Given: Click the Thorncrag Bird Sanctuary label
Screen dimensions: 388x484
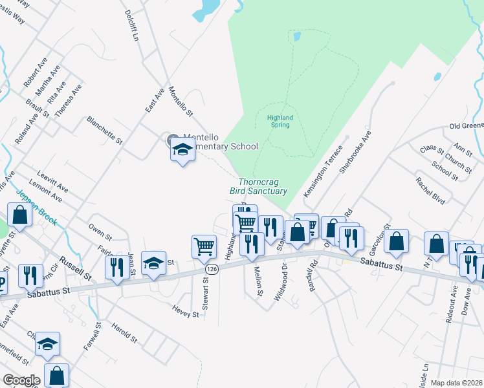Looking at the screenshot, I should [258, 186].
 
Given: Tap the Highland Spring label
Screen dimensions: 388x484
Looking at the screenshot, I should [280, 121].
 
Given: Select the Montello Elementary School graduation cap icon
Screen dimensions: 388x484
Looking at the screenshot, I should [182, 151].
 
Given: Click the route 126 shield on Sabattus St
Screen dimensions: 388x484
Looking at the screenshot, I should [211, 268].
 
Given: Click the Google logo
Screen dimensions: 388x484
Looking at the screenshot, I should [21, 380].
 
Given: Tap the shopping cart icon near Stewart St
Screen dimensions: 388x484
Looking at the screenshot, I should [204, 246].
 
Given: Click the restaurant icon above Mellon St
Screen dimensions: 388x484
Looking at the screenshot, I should [251, 244].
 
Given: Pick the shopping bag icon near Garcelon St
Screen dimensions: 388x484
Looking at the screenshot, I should [396, 241].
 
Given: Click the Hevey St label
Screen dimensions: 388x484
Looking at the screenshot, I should [186, 314].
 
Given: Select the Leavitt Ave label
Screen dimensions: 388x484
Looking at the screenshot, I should [53, 182].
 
